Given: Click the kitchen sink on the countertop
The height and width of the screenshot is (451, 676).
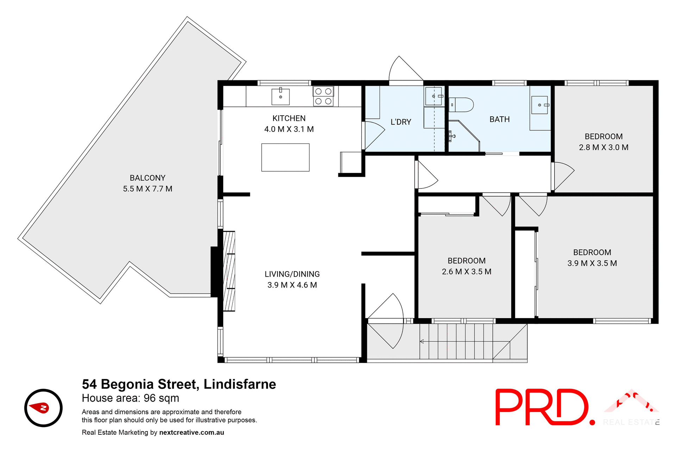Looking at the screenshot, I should click(x=281, y=97).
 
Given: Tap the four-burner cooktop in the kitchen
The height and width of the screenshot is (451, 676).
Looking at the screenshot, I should click(x=323, y=96).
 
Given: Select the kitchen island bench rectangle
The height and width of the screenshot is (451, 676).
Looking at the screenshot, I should click(x=285, y=157).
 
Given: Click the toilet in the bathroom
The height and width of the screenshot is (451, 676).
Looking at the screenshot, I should click(x=462, y=105).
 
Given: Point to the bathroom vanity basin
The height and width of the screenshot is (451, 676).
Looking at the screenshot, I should click(x=540, y=105).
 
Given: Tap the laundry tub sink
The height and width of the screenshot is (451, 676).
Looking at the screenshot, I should click(x=433, y=96).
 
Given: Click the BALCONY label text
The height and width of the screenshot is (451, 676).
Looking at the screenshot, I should click(x=148, y=178).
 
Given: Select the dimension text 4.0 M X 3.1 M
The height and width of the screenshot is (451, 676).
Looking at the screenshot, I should click(x=289, y=129).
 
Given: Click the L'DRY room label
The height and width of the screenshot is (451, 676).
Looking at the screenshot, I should click(x=401, y=122).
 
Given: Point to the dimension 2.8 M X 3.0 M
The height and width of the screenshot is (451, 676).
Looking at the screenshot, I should click(x=603, y=148).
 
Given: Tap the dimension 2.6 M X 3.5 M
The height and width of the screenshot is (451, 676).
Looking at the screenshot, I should click(x=467, y=272).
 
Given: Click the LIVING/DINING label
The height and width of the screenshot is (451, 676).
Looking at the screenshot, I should click(x=292, y=274).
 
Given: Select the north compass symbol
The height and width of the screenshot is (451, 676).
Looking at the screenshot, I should click(x=43, y=408).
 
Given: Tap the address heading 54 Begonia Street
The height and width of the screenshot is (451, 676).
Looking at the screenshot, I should click(x=179, y=384).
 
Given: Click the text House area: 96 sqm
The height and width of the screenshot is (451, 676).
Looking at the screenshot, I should click(x=130, y=398).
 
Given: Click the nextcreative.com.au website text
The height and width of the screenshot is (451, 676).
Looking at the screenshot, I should click(x=192, y=432).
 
